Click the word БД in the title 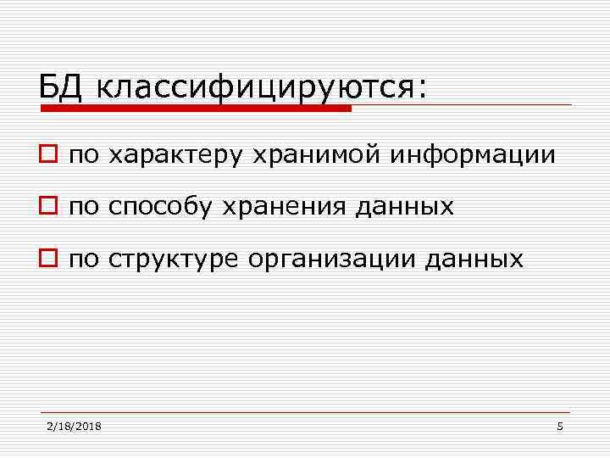click(x=63, y=86)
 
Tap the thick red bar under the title click(x=195, y=109)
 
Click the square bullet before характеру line click(x=48, y=156)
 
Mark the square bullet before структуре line click(x=48, y=260)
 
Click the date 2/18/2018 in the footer click(x=74, y=426)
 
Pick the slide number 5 click(x=560, y=426)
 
